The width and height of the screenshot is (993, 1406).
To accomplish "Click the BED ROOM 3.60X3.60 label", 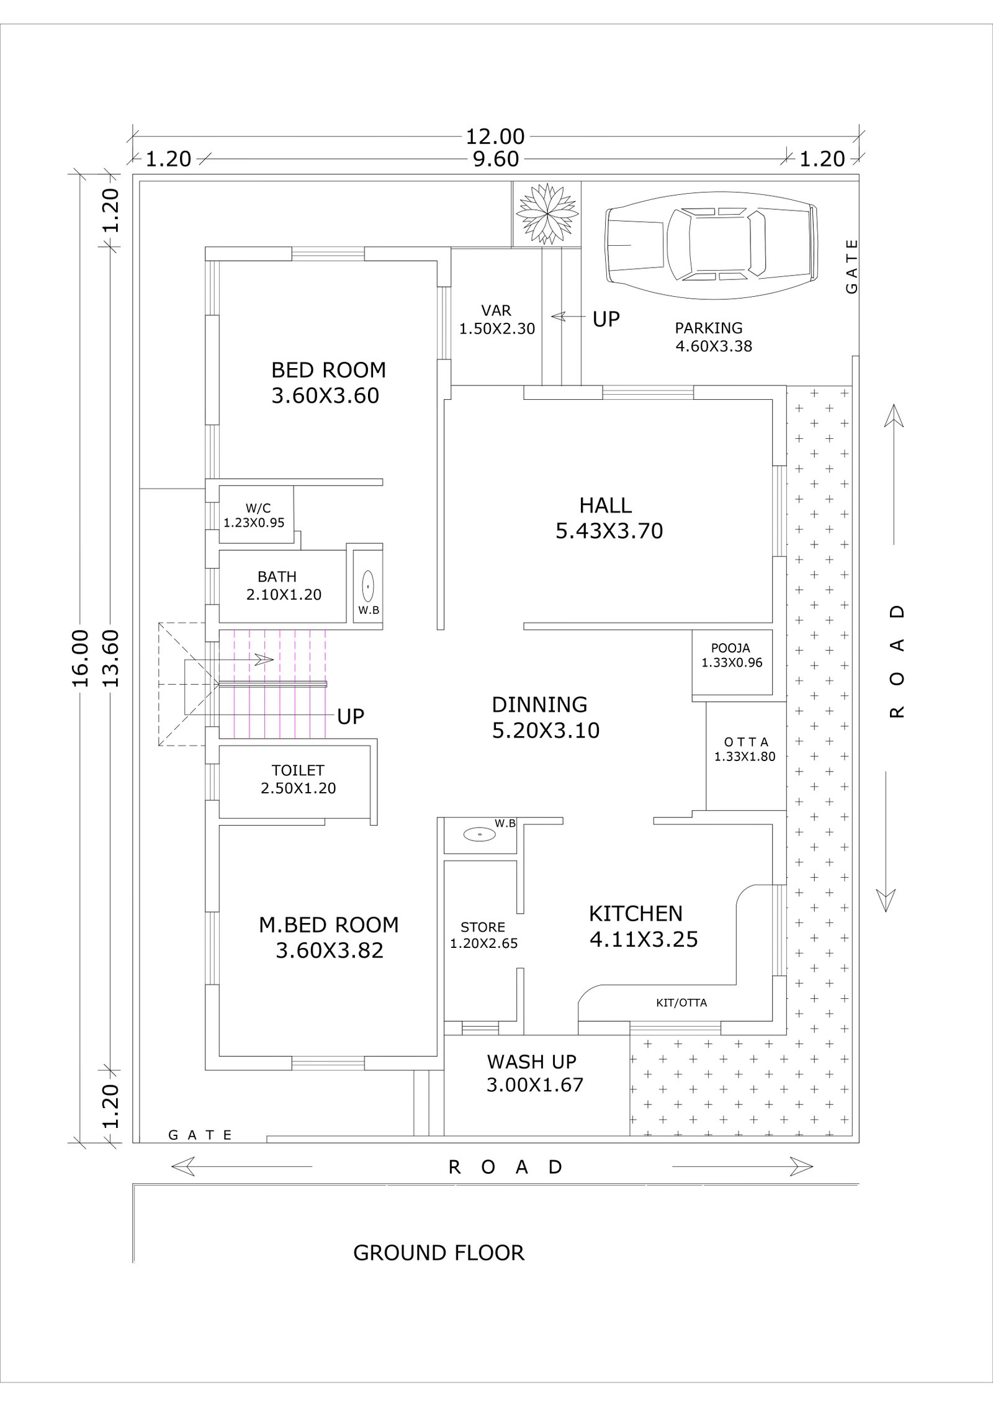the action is coord(328,382).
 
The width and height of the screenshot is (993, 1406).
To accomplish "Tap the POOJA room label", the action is coord(732,656).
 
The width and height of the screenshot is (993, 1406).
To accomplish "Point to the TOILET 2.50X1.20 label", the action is coord(298,779).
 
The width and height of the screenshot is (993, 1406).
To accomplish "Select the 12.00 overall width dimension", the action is coord(495,136).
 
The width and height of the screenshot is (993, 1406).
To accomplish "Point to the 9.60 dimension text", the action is coord(496,159).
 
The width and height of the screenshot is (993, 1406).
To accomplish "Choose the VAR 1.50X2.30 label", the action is coord(496,320).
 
